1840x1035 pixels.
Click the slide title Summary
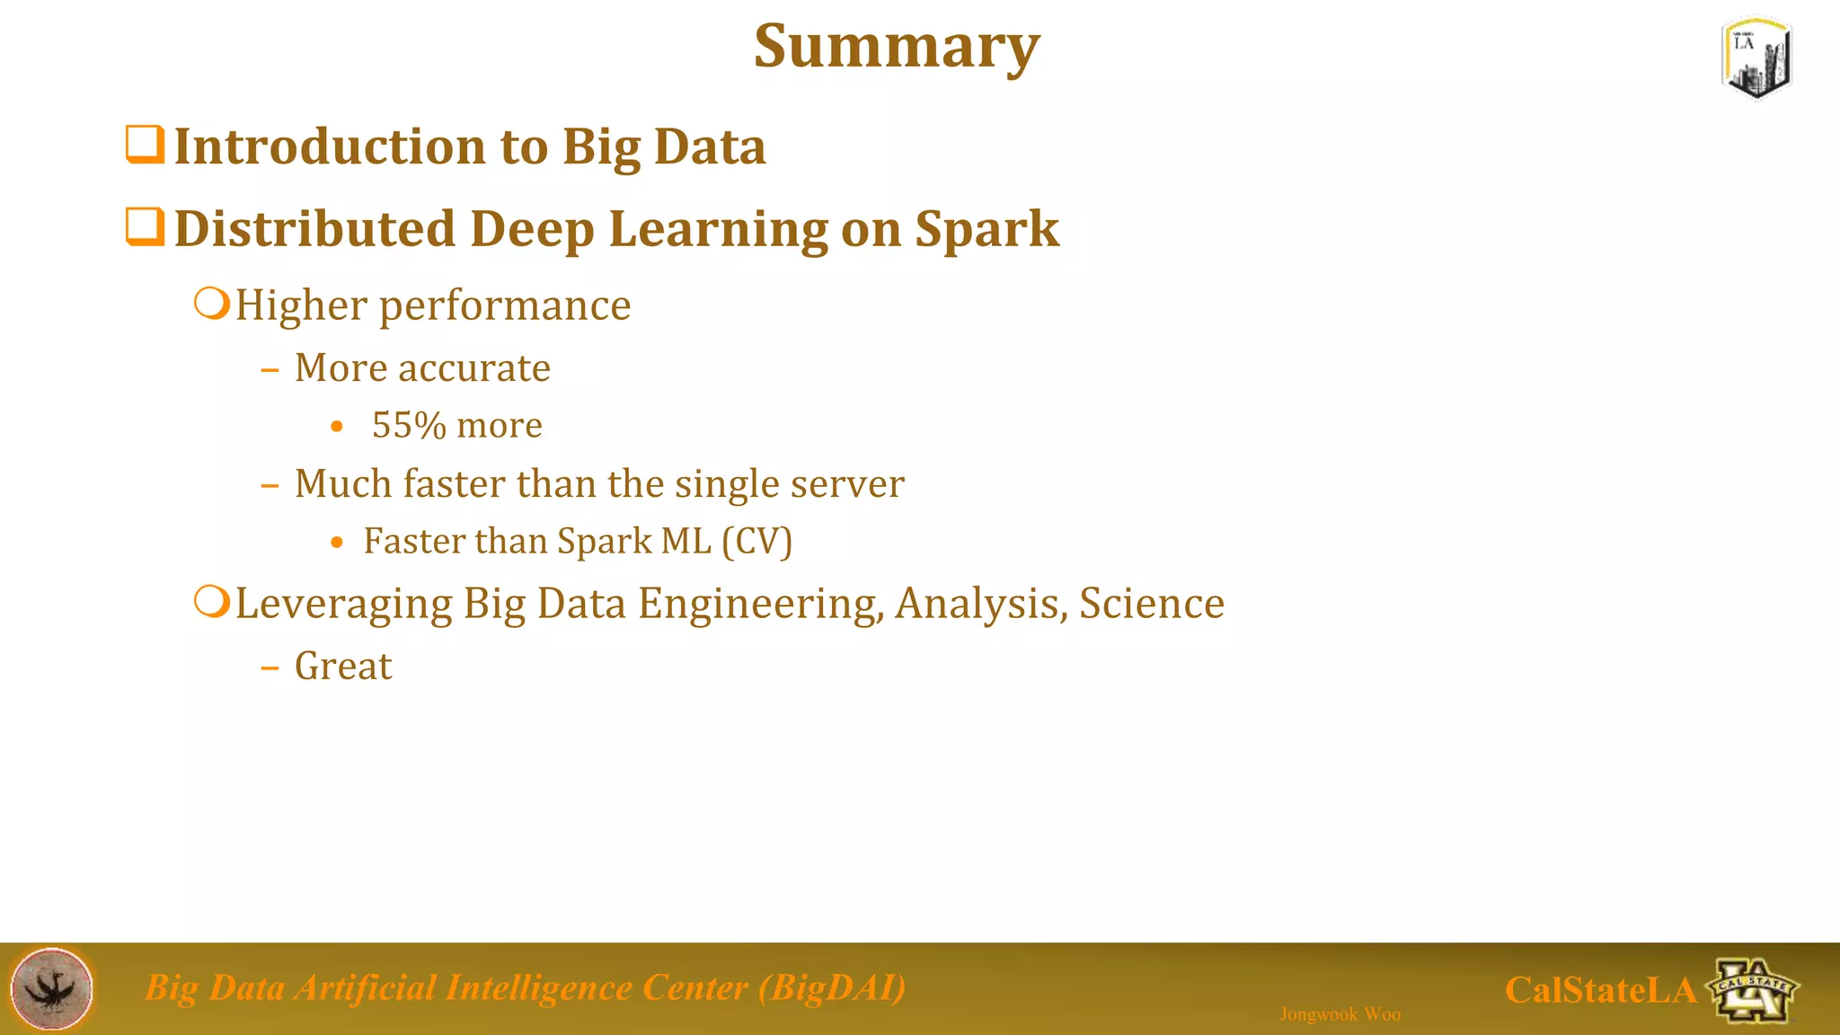[x=897, y=47]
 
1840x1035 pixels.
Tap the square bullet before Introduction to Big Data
[x=145, y=145]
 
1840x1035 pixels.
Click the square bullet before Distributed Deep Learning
[x=145, y=226]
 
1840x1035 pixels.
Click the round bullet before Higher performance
[x=212, y=304]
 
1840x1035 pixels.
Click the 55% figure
[x=409, y=425]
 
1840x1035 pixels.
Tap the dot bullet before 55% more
[x=337, y=427]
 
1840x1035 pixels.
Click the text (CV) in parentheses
[x=757, y=542]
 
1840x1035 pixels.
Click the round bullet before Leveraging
[x=212, y=601]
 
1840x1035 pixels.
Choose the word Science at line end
[x=1151, y=604]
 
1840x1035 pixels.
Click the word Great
[x=343, y=667]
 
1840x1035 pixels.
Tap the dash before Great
[x=270, y=668]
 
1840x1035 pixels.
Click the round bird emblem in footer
[x=51, y=988]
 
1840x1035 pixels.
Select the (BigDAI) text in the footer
[x=832, y=987]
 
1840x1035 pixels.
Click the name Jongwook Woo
[x=1340, y=1014]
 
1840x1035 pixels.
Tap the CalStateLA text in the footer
[x=1600, y=990]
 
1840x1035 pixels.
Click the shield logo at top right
[x=1757, y=57]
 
